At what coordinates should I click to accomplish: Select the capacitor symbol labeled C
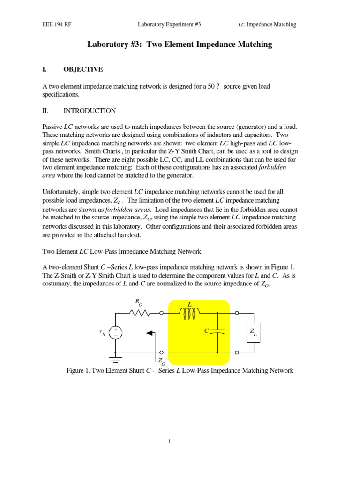point(218,331)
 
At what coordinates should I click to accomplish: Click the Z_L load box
point(253,333)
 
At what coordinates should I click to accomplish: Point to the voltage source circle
point(115,333)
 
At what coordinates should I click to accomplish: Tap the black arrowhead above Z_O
point(150,333)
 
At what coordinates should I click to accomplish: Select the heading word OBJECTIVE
point(83,69)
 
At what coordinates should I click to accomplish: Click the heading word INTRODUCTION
point(90,111)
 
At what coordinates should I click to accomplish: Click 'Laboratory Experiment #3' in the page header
point(169,24)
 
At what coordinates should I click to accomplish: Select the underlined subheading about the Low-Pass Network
point(122,252)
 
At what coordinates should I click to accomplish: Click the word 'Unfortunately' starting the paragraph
point(64,192)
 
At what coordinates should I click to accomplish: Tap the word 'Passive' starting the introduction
point(52,127)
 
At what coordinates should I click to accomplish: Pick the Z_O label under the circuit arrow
point(161,361)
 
